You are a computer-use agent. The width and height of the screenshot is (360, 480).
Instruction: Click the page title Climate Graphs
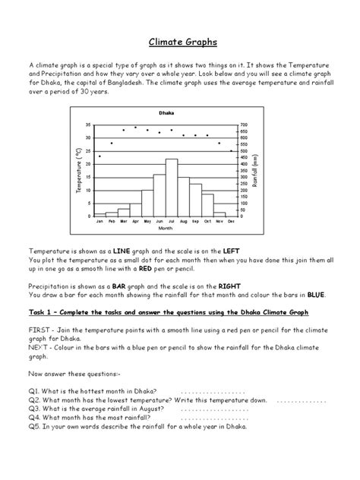point(179,43)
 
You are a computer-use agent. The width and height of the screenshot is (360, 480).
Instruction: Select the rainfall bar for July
point(172,188)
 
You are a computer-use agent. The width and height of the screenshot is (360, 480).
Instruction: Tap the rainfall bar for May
point(147,203)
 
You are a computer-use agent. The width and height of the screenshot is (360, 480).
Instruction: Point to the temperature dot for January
point(99,156)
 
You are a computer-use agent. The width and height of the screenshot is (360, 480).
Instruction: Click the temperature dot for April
point(135,127)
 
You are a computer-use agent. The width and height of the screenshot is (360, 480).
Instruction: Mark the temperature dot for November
point(219,143)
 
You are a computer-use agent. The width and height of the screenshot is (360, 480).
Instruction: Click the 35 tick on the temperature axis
point(88,125)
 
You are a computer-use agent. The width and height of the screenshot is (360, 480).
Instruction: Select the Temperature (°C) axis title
point(78,171)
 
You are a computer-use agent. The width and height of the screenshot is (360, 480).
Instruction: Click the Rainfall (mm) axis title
point(256,171)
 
